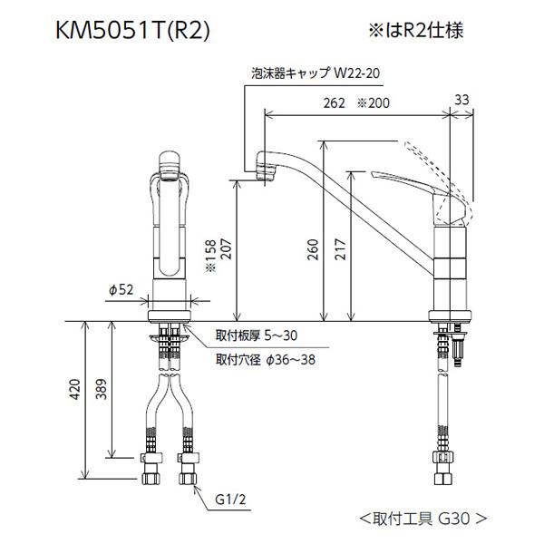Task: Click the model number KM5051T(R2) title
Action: pyautogui.click(x=132, y=31)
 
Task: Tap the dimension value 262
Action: pyautogui.click(x=334, y=103)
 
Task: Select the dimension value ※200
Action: pyautogui.click(x=374, y=103)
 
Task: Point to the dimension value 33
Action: pyautogui.click(x=461, y=100)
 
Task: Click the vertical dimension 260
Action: pyautogui.click(x=313, y=249)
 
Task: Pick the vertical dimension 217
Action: pyautogui.click(x=340, y=249)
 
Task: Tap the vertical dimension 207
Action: pyautogui.click(x=225, y=249)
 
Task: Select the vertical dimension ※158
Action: pyautogui.click(x=210, y=255)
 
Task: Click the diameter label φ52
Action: pyautogui.click(x=121, y=290)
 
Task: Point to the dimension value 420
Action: pyautogui.click(x=75, y=389)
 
